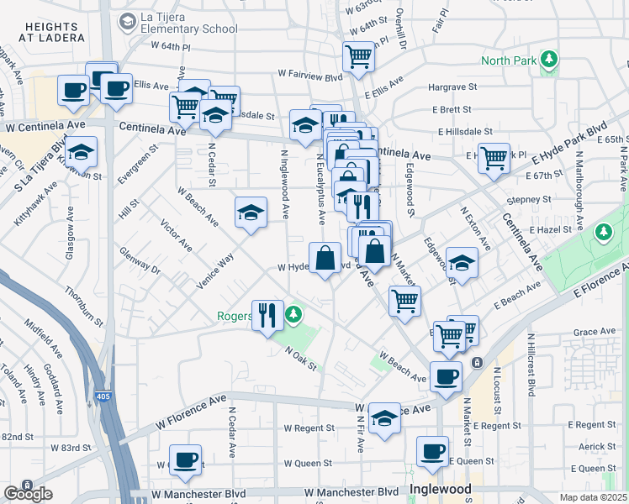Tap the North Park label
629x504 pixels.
(x=509, y=60)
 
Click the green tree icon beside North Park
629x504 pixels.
(x=549, y=59)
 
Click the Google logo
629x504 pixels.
(x=28, y=494)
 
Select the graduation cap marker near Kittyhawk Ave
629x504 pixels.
(x=81, y=152)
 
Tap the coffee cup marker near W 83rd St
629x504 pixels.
(x=185, y=459)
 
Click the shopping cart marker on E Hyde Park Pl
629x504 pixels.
(x=494, y=155)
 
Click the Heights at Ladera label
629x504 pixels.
(x=55, y=33)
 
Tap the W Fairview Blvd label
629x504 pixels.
(x=309, y=76)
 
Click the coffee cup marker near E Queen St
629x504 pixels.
(x=433, y=451)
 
